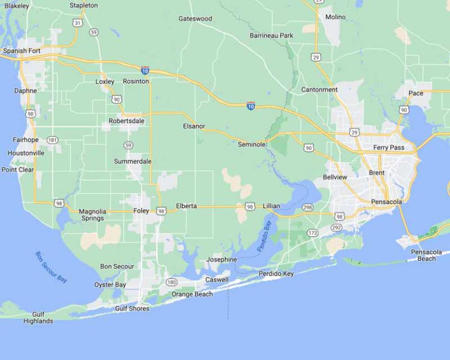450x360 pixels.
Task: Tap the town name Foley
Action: click(141, 210)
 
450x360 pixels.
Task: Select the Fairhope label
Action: click(25, 140)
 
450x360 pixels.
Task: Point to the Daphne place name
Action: click(25, 91)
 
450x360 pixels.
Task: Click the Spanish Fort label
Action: click(22, 51)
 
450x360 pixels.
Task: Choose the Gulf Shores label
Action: click(132, 308)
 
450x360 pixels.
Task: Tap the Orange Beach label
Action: click(192, 294)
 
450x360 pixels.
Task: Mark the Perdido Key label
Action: click(276, 273)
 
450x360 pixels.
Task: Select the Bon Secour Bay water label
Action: click(51, 267)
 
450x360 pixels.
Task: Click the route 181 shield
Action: click(53, 140)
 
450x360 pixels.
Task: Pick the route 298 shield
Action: click(308, 208)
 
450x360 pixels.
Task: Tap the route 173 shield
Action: click(313, 233)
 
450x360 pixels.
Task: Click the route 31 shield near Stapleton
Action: click(77, 23)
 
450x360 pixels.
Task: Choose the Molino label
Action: click(335, 17)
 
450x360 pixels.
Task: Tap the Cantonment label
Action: click(319, 90)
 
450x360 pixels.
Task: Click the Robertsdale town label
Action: click(127, 121)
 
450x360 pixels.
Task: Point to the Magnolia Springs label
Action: click(92, 215)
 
